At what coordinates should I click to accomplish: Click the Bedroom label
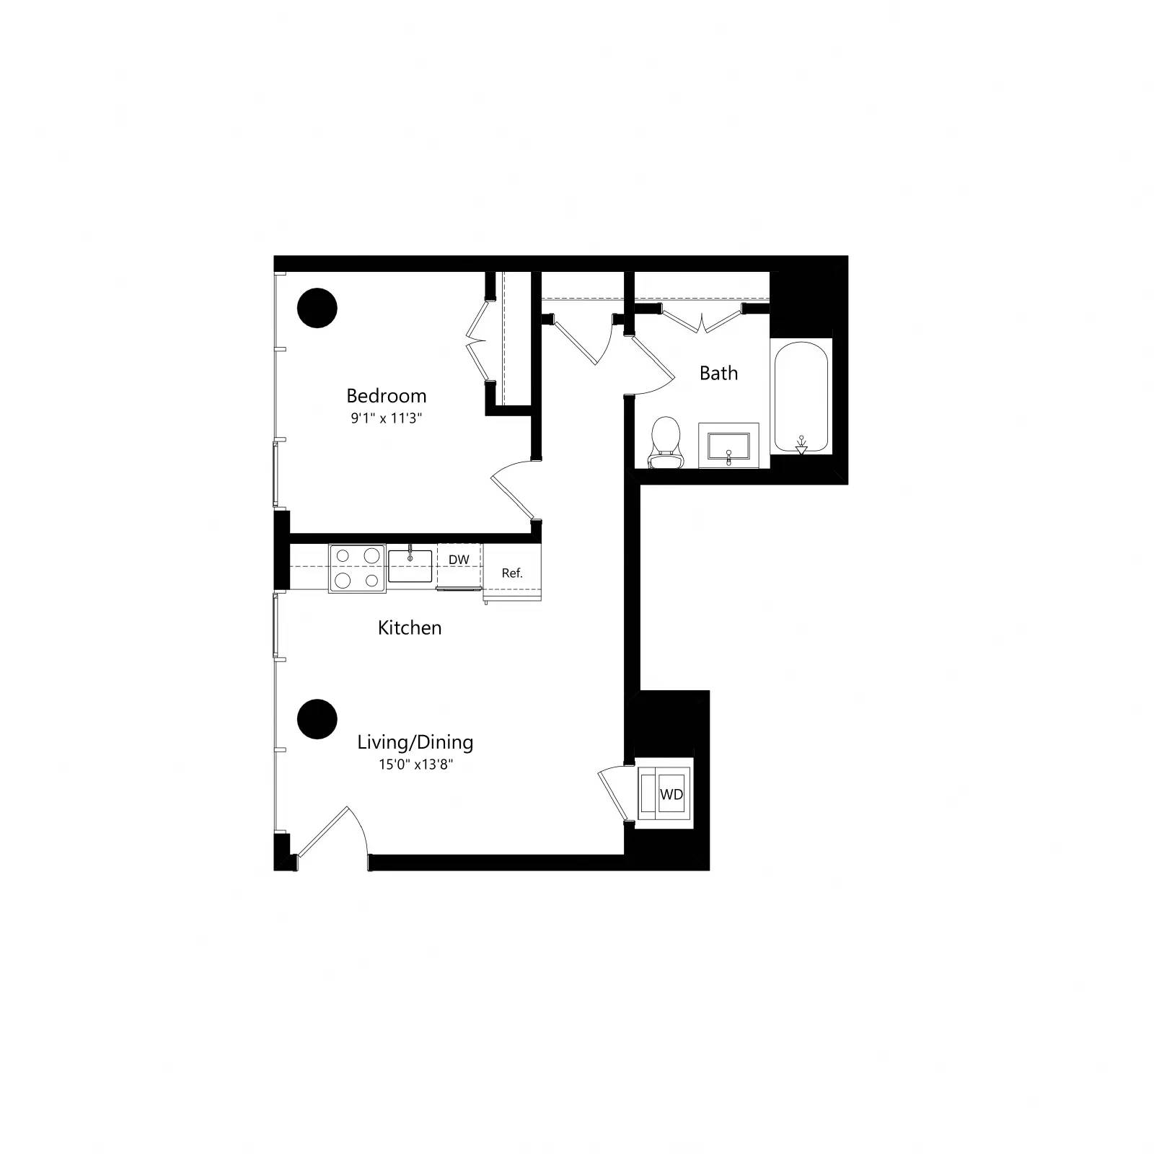(x=386, y=396)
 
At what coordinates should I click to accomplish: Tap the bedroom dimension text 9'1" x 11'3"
(x=386, y=418)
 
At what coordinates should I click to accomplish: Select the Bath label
(x=718, y=374)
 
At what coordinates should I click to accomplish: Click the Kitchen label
(x=409, y=627)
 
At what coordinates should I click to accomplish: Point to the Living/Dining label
(x=415, y=742)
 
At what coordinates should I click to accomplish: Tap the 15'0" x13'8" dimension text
(x=415, y=765)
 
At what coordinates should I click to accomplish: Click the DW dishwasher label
(x=459, y=560)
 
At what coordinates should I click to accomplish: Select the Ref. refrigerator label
(x=512, y=573)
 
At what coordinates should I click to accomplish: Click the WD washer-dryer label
(x=671, y=794)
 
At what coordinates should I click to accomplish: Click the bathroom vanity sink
(x=728, y=445)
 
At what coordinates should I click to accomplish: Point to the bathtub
(x=801, y=397)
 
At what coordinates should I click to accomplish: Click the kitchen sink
(x=410, y=565)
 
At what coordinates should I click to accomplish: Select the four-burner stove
(x=357, y=568)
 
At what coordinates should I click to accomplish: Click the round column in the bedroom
(x=317, y=308)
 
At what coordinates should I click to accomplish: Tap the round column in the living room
(x=317, y=719)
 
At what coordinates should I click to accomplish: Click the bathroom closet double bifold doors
(x=702, y=320)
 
